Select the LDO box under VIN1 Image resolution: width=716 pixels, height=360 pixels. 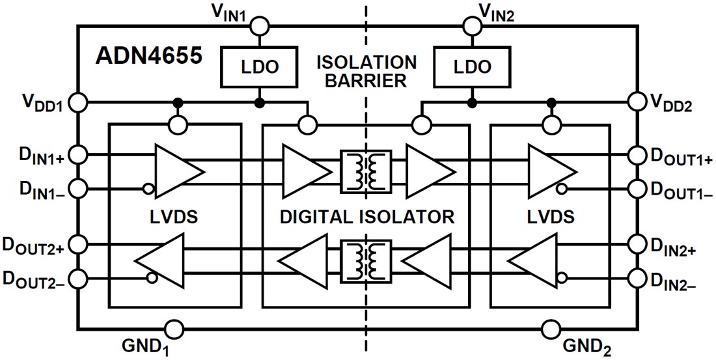coord(259,66)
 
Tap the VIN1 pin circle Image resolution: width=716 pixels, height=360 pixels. coord(259,25)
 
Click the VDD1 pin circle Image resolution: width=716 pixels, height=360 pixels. coord(77,102)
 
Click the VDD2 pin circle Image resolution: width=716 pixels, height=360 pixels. coord(637,102)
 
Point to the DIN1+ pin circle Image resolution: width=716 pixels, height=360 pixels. coord(77,155)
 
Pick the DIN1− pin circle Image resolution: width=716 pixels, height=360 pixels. coord(77,189)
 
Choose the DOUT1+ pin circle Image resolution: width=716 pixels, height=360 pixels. coord(637,155)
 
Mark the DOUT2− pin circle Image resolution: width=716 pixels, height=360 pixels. coord(77,279)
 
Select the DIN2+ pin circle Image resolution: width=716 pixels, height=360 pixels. coord(637,245)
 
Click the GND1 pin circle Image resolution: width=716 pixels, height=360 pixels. coord(174,327)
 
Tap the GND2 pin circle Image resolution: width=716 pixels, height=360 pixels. coord(551,327)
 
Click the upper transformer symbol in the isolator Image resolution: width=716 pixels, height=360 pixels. coord(365,172)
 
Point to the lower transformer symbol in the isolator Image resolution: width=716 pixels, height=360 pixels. coord(365,262)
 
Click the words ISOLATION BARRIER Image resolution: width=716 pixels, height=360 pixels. coord(366,72)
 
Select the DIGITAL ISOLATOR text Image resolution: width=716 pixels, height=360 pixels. coord(366,217)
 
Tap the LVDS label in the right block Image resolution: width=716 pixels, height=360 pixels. coord(551,217)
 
